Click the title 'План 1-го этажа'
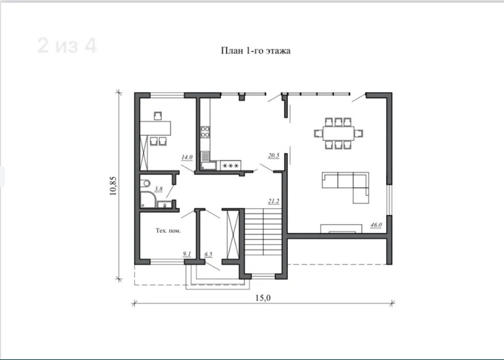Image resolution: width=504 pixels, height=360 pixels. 256,51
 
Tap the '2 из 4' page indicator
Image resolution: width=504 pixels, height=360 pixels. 67,45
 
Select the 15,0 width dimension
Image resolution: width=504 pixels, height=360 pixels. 263,298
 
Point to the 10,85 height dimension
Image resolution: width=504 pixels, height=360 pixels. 114,186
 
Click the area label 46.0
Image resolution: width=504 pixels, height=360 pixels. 376,225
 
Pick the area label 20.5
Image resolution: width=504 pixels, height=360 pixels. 274,156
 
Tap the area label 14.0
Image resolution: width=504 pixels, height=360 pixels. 187,157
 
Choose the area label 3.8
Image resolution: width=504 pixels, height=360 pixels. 158,189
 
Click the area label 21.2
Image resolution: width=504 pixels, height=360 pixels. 274,201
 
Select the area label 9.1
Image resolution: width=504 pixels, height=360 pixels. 187,254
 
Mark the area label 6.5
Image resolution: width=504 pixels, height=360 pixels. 208,254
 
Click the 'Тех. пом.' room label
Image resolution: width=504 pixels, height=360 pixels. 168,230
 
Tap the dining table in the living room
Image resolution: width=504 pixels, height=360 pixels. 338,133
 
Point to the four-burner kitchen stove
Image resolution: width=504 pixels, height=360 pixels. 205,132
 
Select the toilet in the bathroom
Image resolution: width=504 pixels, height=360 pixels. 145,183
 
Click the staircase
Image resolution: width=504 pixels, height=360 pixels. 263,232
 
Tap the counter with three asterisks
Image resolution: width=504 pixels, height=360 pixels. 230,165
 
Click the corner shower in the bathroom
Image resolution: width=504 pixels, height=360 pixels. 148,200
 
